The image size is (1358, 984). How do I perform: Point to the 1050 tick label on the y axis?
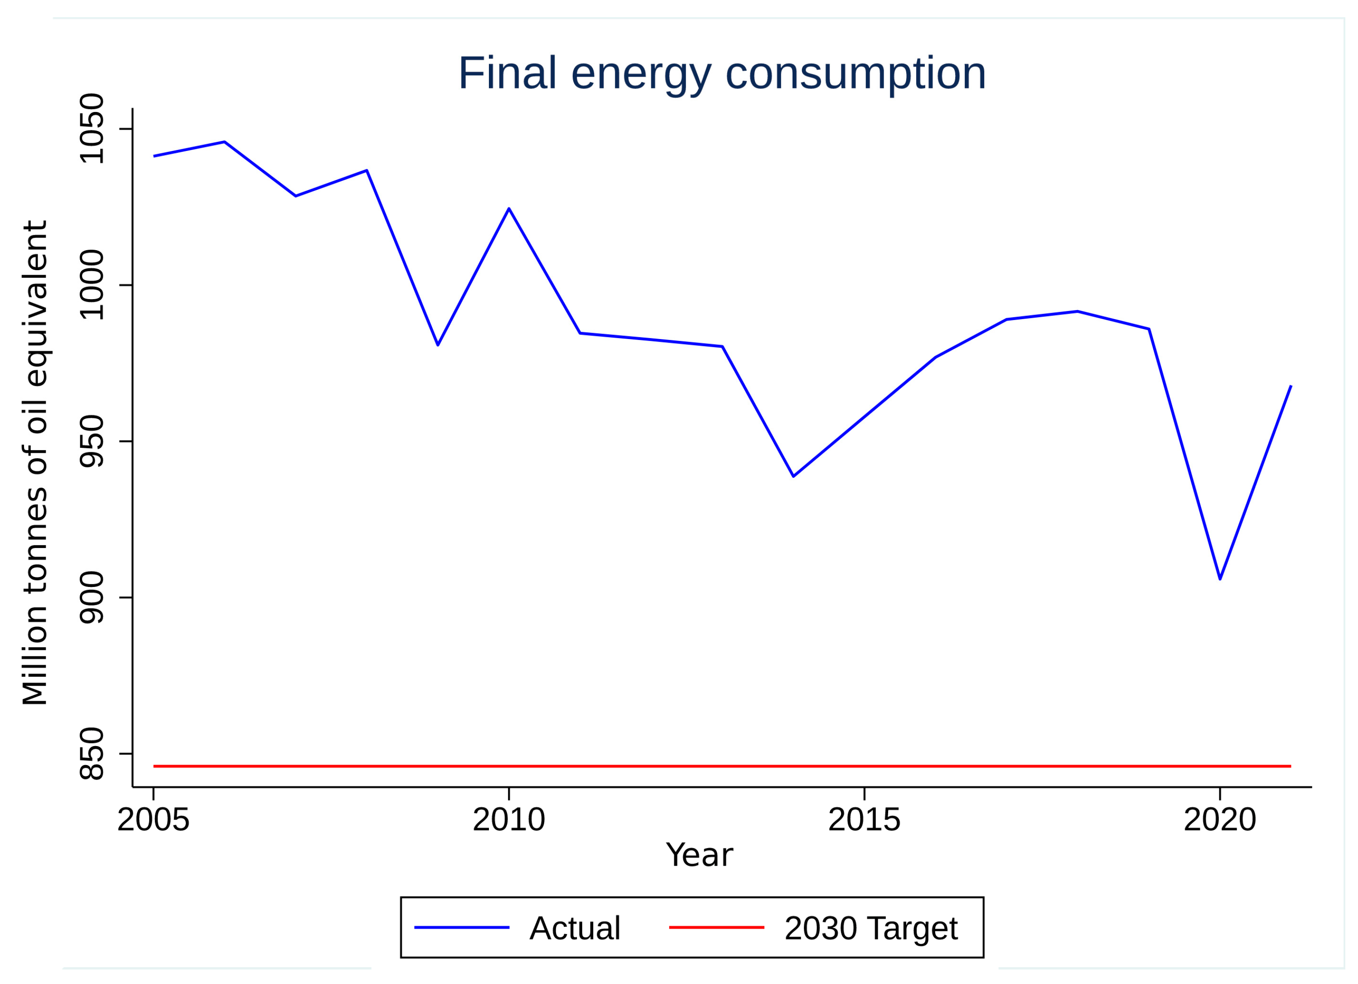pyautogui.click(x=92, y=129)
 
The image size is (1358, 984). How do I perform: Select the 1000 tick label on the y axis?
pyautogui.click(x=92, y=285)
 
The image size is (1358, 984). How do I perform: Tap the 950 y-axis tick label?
pyautogui.click(x=92, y=442)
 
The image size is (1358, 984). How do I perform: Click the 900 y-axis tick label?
pyautogui.click(x=92, y=598)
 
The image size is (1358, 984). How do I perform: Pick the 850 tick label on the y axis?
pyautogui.click(x=92, y=754)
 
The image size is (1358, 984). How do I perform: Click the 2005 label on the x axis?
pyautogui.click(x=153, y=820)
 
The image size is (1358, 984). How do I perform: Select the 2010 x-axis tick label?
pyautogui.click(x=509, y=820)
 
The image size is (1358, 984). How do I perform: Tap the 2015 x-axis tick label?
pyautogui.click(x=864, y=820)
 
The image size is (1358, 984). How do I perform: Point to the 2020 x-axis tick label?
pyautogui.click(x=1220, y=820)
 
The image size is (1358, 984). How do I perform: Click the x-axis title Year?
pyautogui.click(x=699, y=855)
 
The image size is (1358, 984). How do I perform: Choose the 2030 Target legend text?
pyautogui.click(x=871, y=928)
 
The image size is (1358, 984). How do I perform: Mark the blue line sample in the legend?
pyautogui.click(x=462, y=928)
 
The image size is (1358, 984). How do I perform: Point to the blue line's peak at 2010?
pyautogui.click(x=509, y=208)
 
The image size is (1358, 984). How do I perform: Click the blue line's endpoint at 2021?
pyautogui.click(x=1290, y=386)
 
